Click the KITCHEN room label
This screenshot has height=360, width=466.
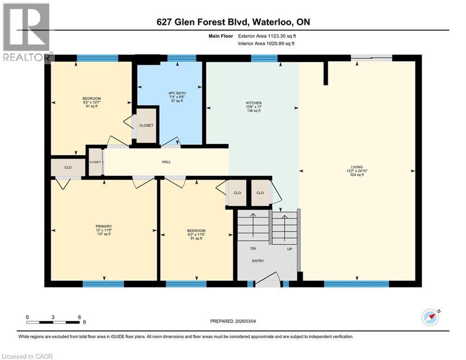click(x=254, y=103)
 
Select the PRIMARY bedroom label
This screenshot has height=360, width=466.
click(x=104, y=226)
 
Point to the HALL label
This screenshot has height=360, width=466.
click(x=166, y=162)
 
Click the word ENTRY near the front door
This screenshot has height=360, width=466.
click(x=258, y=261)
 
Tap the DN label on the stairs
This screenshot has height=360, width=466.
click(x=253, y=249)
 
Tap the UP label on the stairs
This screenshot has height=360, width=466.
click(x=289, y=249)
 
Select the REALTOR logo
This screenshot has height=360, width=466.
click(x=27, y=32)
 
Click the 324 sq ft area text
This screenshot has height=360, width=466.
click(x=357, y=175)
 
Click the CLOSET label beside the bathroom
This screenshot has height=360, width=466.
click(x=146, y=126)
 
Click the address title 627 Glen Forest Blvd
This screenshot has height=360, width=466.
click(x=233, y=22)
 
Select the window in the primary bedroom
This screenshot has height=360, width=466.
click(x=104, y=284)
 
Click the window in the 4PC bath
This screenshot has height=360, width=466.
click(x=181, y=59)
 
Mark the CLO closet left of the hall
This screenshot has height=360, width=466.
click(x=68, y=167)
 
